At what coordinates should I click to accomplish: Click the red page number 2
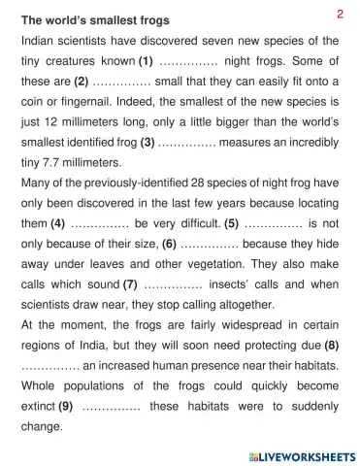(x=341, y=13)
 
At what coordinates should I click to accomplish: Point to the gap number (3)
(x=148, y=142)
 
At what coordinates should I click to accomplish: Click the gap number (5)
(x=231, y=222)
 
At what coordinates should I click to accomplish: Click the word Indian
(x=39, y=41)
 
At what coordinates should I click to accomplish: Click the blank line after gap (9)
(x=112, y=408)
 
